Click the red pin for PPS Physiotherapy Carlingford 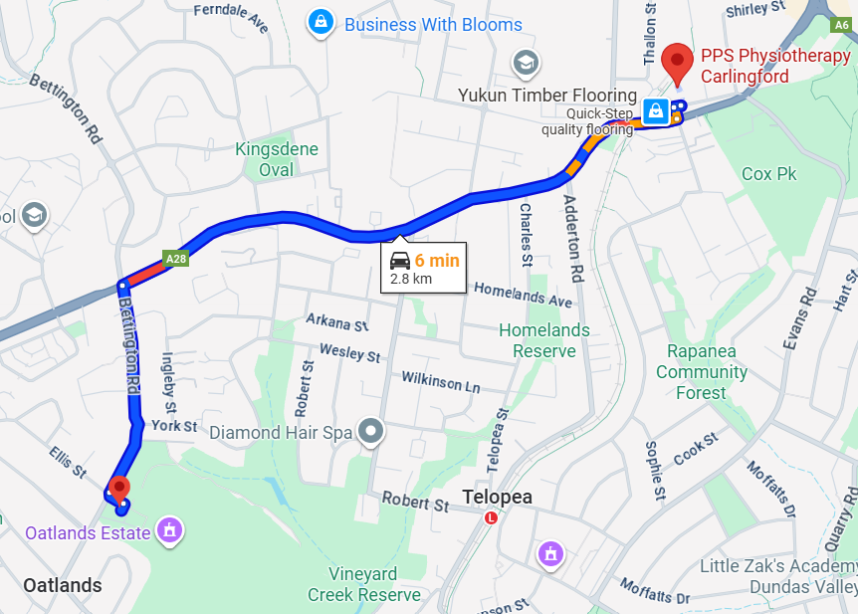coord(679,63)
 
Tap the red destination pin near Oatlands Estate coord(119,488)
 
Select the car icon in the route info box coord(399,261)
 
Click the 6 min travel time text coord(437,261)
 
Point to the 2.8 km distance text coord(411,279)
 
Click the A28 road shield coord(176,259)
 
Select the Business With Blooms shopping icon coord(322,22)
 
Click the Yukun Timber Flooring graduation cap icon coord(526,66)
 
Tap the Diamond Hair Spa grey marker coord(371,432)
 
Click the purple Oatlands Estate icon coord(170,531)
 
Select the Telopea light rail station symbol coord(491,518)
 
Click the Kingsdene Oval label coord(277,159)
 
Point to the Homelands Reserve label coord(543,340)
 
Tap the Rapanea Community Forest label coord(701,372)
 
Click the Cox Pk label coord(769,174)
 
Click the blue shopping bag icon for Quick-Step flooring coord(656,111)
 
